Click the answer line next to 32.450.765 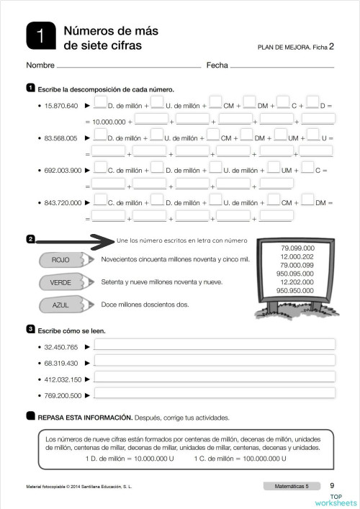pos(215,346)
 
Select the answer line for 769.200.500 pos(215,394)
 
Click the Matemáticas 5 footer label pos(292,487)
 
